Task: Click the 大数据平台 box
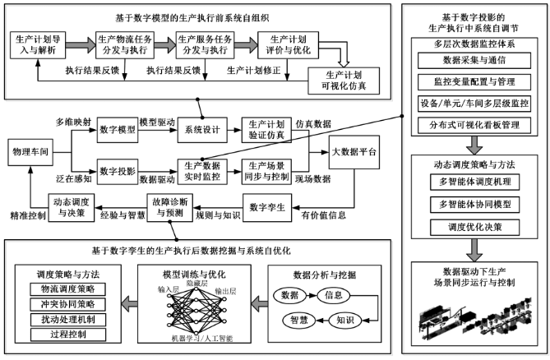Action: click(x=354, y=153)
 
